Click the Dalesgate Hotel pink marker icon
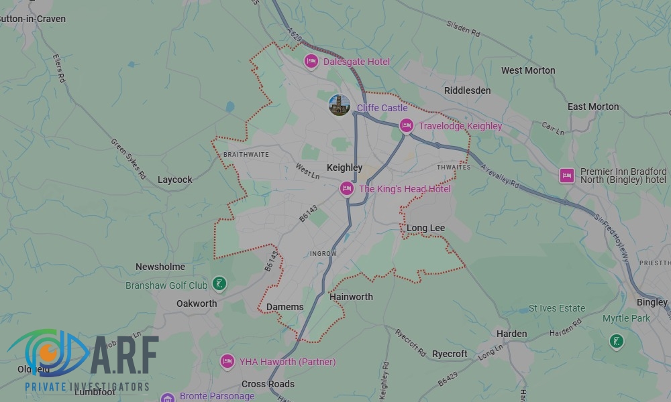[x=311, y=62]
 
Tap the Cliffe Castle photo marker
[x=339, y=105]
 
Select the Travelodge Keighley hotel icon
[x=406, y=126]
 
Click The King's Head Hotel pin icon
[x=347, y=189]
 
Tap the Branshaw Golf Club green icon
[x=218, y=285]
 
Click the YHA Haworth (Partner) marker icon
[x=227, y=362]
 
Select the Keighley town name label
[x=344, y=167]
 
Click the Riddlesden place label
[x=467, y=90]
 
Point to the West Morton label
[x=528, y=70]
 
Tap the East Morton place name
[x=593, y=107]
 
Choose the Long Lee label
[x=425, y=228]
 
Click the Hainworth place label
[x=351, y=297]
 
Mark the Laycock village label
[x=174, y=180]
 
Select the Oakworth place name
[x=197, y=304]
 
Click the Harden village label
[x=511, y=334]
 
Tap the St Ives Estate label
[x=557, y=308]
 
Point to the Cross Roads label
[x=268, y=384]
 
